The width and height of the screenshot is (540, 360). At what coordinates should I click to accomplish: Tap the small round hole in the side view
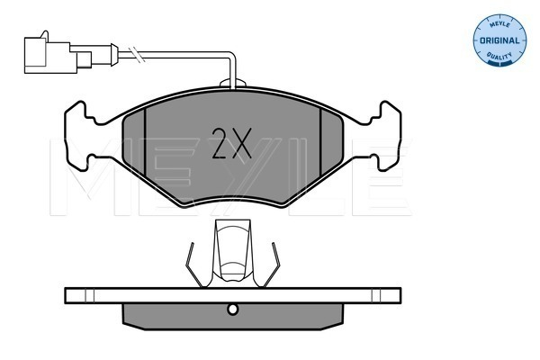pyautogui.click(x=233, y=310)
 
